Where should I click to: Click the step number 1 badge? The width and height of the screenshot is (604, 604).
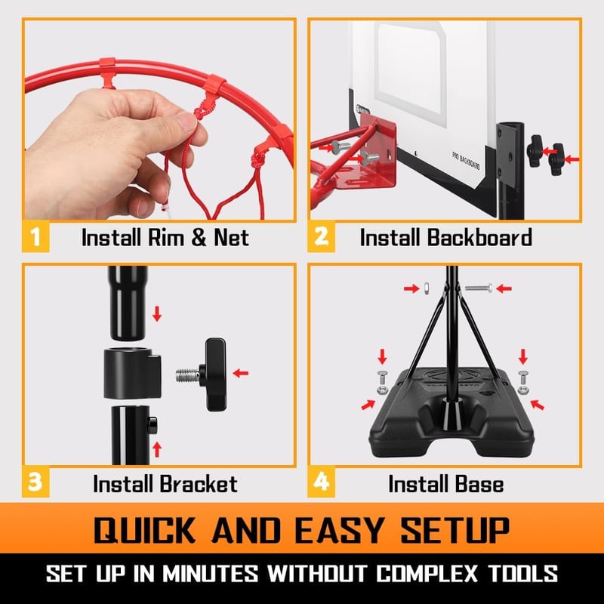point(35,236)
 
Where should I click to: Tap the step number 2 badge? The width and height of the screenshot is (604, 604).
point(321,236)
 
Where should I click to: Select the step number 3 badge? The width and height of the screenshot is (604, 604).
point(35,482)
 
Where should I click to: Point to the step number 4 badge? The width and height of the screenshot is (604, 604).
point(321,482)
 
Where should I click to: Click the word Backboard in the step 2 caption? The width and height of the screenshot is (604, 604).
point(479,237)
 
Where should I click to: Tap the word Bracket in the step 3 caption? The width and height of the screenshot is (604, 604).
point(198,483)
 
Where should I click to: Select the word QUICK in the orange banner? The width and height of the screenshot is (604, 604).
point(144,530)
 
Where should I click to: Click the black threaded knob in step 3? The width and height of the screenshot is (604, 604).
point(202,374)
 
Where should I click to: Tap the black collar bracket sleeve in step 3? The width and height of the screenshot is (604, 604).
point(132,373)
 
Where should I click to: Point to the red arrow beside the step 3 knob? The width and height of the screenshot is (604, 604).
point(241,373)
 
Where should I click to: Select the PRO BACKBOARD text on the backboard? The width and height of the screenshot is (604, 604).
point(466,160)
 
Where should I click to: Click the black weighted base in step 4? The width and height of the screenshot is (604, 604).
point(451,414)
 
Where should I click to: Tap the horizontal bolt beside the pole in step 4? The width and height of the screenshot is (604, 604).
point(479,288)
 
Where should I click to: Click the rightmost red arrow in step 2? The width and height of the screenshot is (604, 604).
point(572,159)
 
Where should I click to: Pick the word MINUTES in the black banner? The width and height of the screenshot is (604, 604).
point(210,574)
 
